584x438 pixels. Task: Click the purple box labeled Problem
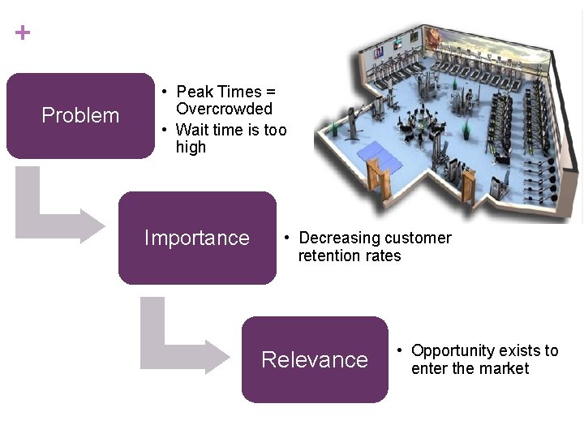79,115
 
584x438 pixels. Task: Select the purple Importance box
197,238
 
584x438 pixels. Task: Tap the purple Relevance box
315,359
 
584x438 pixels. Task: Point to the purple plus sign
23,33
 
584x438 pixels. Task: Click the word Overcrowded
225,109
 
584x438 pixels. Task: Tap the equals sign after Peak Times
271,92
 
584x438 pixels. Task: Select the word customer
418,238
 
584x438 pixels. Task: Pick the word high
191,147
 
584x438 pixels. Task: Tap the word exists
520,350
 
